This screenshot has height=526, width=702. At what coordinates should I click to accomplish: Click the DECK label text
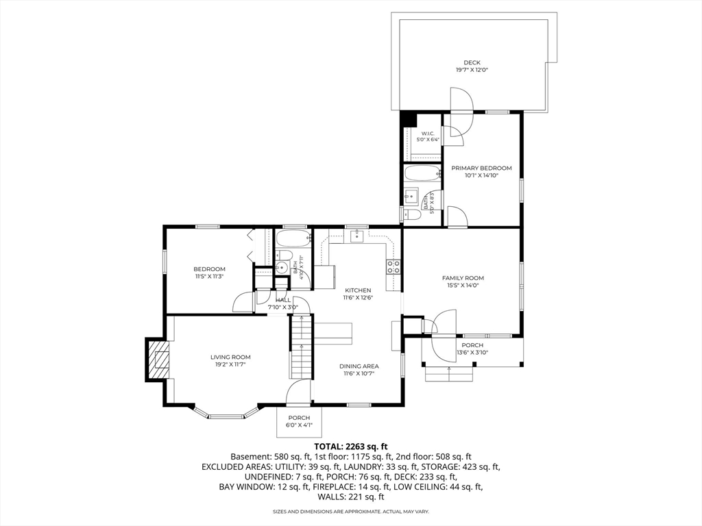[472, 62]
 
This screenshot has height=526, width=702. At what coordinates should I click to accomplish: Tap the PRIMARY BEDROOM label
[481, 168]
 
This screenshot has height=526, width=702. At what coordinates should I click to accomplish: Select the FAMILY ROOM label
[463, 278]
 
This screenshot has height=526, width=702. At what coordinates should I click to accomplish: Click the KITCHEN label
[358, 290]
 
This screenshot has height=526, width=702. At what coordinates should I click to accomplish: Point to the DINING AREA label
[359, 366]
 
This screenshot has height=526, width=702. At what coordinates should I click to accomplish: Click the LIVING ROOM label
[230, 357]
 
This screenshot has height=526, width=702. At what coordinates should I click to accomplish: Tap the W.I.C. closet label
[428, 134]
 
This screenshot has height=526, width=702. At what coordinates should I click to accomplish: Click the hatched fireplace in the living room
[159, 359]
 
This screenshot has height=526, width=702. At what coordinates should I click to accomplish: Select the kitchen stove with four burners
[394, 266]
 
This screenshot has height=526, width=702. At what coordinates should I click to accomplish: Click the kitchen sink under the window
[356, 236]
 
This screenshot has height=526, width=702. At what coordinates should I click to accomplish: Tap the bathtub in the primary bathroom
[422, 173]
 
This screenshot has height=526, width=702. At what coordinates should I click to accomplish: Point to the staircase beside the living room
[301, 347]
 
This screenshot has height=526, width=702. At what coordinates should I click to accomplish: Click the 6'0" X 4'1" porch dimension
[299, 425]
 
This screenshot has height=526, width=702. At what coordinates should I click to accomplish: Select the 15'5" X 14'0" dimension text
[463, 285]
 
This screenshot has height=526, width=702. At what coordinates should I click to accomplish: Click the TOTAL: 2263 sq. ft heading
[350, 446]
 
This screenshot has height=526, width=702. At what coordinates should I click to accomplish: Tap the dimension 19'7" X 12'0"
[472, 70]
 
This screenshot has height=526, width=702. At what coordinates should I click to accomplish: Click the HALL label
[283, 300]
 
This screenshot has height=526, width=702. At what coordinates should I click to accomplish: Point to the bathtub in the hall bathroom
[293, 238]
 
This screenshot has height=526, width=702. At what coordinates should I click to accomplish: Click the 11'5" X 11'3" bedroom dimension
[209, 276]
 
